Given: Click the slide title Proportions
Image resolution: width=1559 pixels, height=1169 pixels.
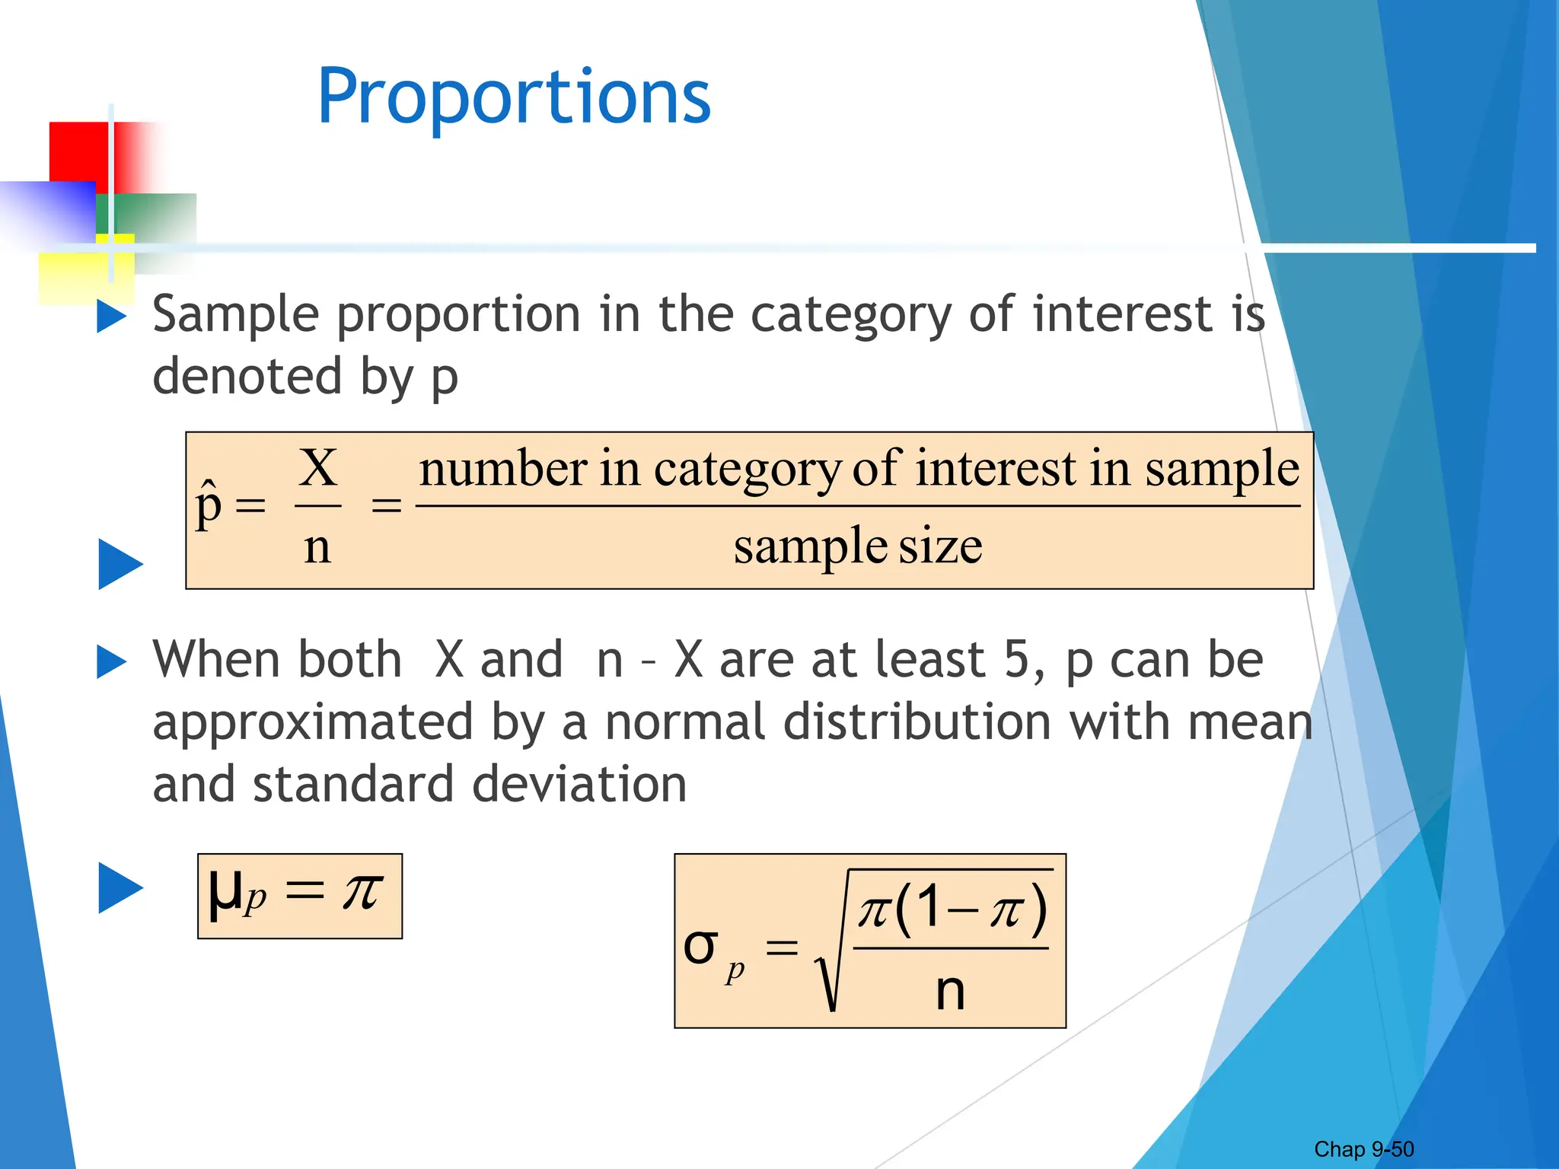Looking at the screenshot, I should point(514,97).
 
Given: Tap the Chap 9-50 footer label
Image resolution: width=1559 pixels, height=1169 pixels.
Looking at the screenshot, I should point(1363,1149).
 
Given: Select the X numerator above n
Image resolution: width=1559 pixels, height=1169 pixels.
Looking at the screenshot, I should point(318,467).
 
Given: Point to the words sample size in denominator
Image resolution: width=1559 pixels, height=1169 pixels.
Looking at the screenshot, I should point(858,546).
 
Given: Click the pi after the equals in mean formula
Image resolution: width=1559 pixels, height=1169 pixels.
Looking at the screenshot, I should point(361,890).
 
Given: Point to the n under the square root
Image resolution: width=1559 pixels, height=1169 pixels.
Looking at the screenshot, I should point(950,991).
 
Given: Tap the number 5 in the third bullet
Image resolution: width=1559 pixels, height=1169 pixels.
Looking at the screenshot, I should point(1018,659).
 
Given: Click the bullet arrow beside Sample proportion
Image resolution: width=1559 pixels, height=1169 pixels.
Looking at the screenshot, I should point(111,317).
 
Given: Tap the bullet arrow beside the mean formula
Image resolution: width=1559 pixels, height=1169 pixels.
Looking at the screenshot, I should point(120,888).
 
